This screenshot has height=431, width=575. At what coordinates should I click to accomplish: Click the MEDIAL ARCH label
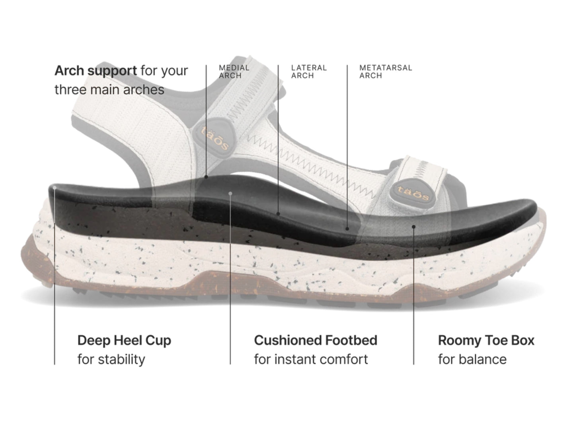click(234, 72)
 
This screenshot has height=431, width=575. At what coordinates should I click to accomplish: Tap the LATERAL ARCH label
click(309, 72)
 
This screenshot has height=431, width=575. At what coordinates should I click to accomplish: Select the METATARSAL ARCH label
click(386, 72)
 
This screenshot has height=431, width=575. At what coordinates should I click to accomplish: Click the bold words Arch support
click(96, 71)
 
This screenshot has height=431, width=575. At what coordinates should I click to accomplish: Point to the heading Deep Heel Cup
click(124, 340)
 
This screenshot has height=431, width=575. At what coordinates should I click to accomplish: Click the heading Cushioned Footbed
click(316, 340)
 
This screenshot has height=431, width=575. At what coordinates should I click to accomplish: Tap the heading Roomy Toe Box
click(486, 340)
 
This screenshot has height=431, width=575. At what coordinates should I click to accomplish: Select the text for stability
click(111, 359)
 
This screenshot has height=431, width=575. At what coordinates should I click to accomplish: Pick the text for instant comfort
click(311, 359)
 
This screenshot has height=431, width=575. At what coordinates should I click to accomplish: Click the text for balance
click(472, 359)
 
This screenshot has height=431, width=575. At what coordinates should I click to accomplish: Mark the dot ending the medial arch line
click(206, 177)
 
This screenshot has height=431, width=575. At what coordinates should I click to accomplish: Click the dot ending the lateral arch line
click(278, 214)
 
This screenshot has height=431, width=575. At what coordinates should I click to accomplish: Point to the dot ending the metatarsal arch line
click(347, 229)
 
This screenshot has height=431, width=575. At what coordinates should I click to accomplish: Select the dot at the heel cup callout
click(55, 188)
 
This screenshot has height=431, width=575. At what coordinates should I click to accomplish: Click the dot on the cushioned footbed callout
click(230, 194)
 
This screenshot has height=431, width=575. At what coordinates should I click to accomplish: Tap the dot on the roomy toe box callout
click(413, 227)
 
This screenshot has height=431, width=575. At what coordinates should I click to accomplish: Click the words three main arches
click(109, 90)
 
